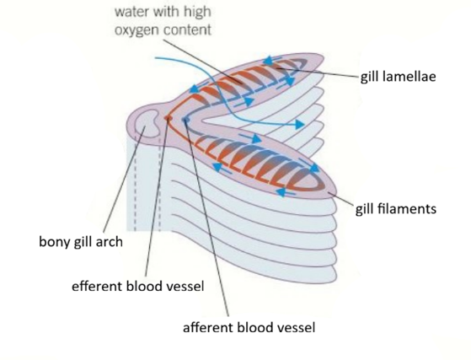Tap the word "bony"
click(56, 243)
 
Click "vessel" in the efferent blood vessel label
click(185, 286)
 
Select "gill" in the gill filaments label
click(368, 207)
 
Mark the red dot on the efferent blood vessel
click(169, 119)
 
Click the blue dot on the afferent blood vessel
click(185, 121)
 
